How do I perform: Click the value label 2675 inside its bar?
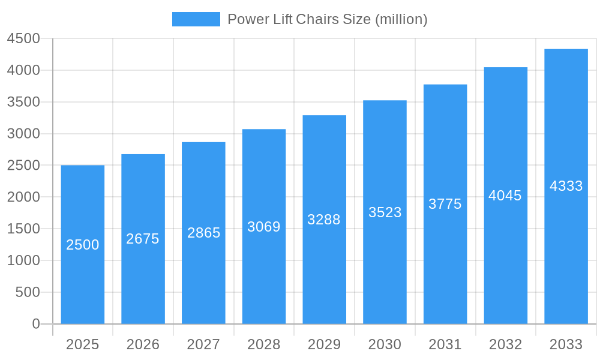(143, 239)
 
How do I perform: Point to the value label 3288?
(324, 220)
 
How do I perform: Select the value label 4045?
(505, 196)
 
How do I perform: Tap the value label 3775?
(445, 204)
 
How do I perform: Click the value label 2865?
(204, 233)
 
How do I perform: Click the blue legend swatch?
(196, 19)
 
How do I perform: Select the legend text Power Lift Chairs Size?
(327, 19)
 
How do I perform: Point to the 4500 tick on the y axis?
(23, 39)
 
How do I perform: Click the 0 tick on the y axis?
(35, 324)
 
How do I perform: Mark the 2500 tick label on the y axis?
(23, 166)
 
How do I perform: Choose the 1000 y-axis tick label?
(23, 260)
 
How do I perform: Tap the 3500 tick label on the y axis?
(23, 102)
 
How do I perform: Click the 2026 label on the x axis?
(143, 344)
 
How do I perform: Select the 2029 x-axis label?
(324, 344)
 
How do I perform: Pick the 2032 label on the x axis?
(505, 344)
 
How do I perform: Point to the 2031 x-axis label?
(445, 344)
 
